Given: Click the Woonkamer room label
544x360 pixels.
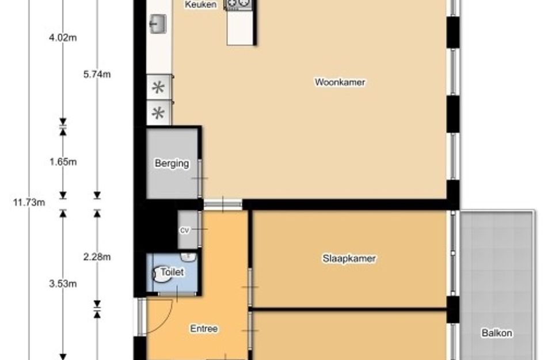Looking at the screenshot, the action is coord(340,82).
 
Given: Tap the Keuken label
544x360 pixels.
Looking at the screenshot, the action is coord(201,5).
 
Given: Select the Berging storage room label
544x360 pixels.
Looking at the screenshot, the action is coord(172,163).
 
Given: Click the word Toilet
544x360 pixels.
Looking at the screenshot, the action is coord(173,272).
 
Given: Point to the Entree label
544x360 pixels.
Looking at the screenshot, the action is coord(204,328).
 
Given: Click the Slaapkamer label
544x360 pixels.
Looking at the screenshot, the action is coord(349,259).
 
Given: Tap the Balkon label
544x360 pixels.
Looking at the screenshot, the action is coord(497,333).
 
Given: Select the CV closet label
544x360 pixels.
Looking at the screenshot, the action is coord(185,230).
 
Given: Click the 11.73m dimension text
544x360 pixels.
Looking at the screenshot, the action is coord(29,202).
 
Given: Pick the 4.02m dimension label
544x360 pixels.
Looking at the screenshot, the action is coord(63,37).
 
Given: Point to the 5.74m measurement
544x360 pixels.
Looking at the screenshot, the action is coord(97,74).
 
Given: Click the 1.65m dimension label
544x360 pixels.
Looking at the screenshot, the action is coord(63,162).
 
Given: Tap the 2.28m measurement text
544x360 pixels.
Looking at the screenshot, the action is coord(97,257).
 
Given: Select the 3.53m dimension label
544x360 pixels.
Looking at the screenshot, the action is coord(63,283).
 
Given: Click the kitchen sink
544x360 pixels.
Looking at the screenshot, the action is coord(158,24).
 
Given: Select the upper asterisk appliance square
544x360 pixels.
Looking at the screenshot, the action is coord(158,87).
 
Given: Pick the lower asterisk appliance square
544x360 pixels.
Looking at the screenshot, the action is coord(158,113).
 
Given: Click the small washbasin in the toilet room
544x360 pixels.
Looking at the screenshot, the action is coord(188,257).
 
